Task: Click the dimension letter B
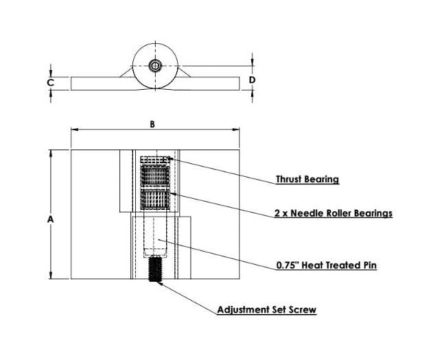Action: [153, 124]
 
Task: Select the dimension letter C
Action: [50, 83]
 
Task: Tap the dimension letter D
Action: [252, 80]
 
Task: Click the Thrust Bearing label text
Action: [307, 180]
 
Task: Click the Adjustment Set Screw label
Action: [266, 310]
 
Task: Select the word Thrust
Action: [290, 180]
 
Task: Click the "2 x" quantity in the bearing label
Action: [280, 213]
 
